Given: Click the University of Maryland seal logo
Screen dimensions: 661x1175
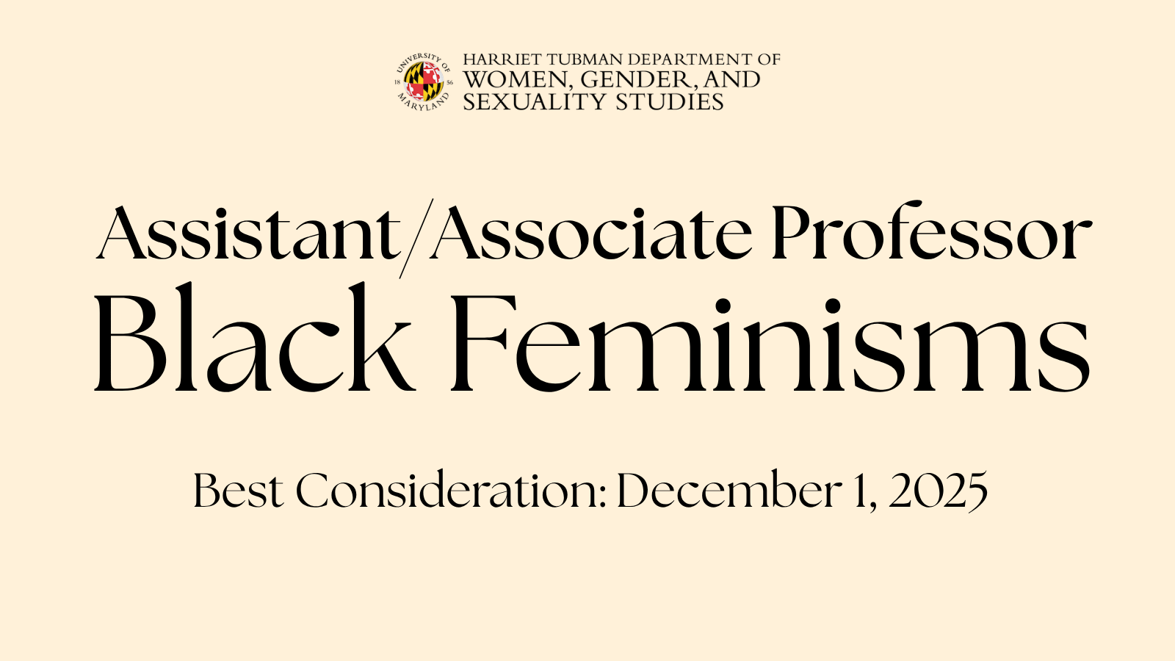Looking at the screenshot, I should pyautogui.click(x=424, y=81).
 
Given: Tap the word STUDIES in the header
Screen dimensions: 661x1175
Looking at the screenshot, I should pyautogui.click(x=670, y=101).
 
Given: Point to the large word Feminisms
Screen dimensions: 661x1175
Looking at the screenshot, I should pyautogui.click(x=769, y=342).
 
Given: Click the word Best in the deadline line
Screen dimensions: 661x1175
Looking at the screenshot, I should pyautogui.click(x=237, y=491).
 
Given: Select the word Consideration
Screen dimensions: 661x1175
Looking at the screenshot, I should pyautogui.click(x=447, y=491).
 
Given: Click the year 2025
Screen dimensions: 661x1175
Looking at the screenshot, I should pyautogui.click(x=938, y=491).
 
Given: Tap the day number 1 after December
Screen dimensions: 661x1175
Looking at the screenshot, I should pyautogui.click(x=862, y=491).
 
